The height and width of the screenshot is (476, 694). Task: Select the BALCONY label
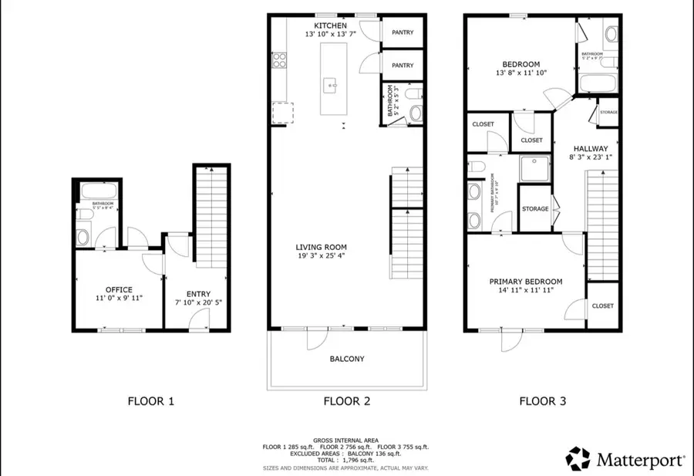[347, 359]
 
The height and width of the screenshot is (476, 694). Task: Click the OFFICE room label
[119, 290]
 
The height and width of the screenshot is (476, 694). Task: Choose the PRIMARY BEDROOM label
[526, 282]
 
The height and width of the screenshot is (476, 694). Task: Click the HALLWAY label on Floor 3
[591, 149]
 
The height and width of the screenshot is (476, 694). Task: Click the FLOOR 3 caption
[542, 401]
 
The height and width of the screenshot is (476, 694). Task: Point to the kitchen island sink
[329, 83]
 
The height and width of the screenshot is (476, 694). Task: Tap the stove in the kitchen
[278, 59]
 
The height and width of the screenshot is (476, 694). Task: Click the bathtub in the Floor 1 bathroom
[96, 191]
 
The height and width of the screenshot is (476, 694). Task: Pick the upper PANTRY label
[403, 32]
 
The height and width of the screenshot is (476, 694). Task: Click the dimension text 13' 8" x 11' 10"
[521, 74]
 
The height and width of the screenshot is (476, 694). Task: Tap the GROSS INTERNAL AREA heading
[346, 438]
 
